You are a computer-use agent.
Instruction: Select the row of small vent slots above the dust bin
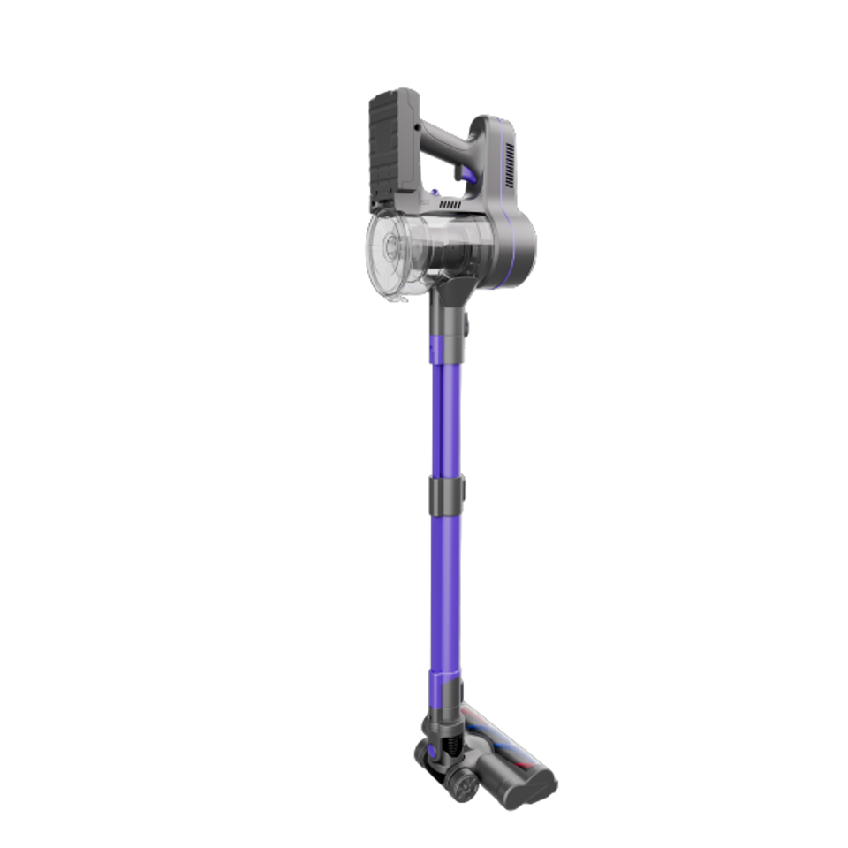pos(450,204)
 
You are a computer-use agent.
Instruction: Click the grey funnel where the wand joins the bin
pos(450,296)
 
